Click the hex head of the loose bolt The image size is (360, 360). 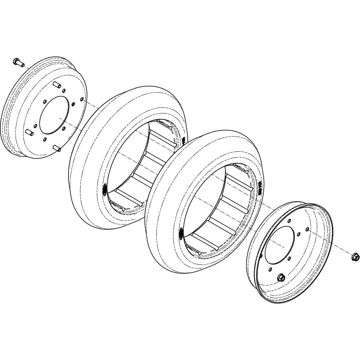(16, 62)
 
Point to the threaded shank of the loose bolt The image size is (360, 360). (21, 64)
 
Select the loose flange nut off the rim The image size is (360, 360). (355, 257)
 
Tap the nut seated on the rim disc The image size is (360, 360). (281, 277)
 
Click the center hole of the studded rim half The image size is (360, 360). (54, 115)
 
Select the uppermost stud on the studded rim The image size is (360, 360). (57, 85)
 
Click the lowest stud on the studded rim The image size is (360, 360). (57, 148)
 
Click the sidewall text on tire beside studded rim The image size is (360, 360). (184, 140)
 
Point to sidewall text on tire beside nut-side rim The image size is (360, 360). (260, 187)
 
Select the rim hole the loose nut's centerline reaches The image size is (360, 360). (307, 229)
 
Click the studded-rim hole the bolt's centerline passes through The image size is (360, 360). (82, 99)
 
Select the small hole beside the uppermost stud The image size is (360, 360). (64, 91)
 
